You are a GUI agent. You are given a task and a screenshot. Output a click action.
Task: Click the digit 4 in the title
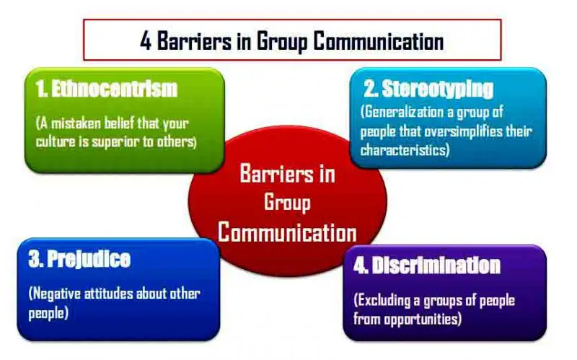(x=146, y=40)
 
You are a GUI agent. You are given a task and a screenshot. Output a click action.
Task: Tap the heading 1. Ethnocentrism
(x=106, y=89)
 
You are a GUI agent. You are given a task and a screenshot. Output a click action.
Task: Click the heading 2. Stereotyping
(x=428, y=89)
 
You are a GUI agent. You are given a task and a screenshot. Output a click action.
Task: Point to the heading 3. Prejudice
(x=79, y=260)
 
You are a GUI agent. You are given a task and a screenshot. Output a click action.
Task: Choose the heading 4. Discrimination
(x=427, y=265)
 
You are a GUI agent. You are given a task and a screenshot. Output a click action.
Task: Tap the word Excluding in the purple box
(x=384, y=299)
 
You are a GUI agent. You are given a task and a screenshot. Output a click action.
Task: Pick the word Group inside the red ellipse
(x=287, y=202)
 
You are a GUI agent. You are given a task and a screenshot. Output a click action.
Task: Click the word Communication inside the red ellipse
(x=287, y=232)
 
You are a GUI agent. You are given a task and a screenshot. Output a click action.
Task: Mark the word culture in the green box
(x=58, y=141)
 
